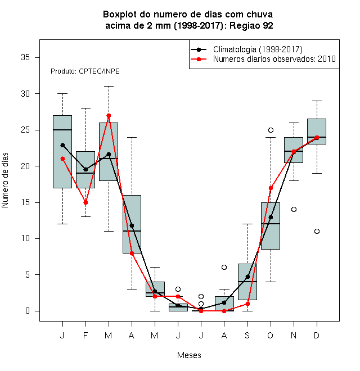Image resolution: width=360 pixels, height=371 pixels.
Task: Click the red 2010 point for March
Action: point(109,115)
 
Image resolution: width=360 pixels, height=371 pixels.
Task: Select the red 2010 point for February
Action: point(85,202)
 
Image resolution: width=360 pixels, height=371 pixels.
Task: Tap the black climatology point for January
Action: point(62,145)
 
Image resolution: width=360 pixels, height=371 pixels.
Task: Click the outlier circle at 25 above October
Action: point(271,130)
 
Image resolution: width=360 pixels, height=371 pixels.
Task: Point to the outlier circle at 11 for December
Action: point(317,231)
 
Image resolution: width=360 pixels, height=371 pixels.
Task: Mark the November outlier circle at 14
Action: point(294,210)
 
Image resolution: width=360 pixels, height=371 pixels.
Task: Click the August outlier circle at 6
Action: point(224,268)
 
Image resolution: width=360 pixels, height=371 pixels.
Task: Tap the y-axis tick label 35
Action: point(25,57)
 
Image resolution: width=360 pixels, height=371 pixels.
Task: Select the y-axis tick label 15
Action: point(25,202)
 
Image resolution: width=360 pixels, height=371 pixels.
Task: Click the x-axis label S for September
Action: point(247,335)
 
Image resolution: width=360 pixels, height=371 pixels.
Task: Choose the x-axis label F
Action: point(85,335)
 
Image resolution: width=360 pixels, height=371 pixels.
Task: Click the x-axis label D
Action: point(317,335)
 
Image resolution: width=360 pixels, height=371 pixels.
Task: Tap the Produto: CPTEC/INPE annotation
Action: point(85,71)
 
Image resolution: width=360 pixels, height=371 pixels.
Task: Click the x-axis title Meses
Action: point(189,355)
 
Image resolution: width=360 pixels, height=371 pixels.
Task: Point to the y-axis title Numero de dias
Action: point(5,180)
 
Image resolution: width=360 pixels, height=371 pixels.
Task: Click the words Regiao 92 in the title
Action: point(251,25)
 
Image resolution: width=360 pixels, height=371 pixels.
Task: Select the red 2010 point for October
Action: point(271,188)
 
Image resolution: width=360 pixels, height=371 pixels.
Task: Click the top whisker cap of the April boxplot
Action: point(132,137)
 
